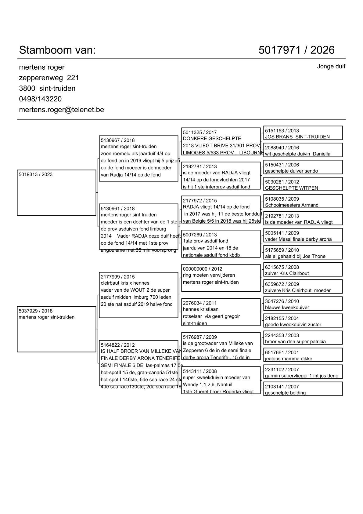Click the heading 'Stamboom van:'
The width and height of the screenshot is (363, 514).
[57, 50]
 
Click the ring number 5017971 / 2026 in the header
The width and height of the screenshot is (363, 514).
[296, 50]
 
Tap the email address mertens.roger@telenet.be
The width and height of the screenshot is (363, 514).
[61, 109]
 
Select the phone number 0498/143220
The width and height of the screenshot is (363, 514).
[40, 99]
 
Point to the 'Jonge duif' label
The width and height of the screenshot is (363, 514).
[331, 66]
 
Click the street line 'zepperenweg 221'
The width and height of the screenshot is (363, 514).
[49, 78]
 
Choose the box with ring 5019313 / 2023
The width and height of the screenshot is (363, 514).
[56, 192]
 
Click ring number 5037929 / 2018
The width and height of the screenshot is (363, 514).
[35, 311]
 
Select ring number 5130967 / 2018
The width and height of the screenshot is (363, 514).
[117, 140]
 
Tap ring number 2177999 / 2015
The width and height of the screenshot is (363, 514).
[117, 277]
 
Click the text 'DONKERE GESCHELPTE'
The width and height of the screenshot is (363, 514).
[212, 138]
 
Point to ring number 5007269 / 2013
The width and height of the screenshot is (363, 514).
[200, 235]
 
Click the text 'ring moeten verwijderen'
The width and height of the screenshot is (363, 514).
[209, 275]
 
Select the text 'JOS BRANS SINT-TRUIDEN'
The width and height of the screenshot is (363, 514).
[297, 137]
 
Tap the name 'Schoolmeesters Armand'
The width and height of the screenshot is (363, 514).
[291, 205]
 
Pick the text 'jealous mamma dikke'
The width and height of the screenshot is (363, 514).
[288, 359]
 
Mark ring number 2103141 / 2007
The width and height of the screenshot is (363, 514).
[282, 386]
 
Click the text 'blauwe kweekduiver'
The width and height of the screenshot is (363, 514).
[287, 307]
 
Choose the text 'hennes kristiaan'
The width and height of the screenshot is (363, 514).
[200, 309]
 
